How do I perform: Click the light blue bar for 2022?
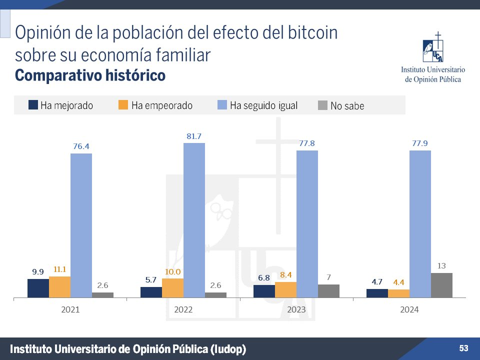[194, 220]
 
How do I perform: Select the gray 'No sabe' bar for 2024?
[441, 285]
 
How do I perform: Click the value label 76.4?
[81, 146]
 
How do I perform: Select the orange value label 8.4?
[285, 275]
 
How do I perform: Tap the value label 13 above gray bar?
[441, 266]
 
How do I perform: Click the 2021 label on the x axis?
[70, 310]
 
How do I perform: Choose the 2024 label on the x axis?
[409, 310]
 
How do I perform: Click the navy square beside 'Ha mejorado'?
[33, 105]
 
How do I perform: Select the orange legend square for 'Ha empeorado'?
[123, 105]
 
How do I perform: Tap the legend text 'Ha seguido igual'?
[263, 105]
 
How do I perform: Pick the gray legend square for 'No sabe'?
[323, 105]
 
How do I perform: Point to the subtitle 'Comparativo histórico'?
[90, 76]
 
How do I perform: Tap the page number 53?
[463, 348]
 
